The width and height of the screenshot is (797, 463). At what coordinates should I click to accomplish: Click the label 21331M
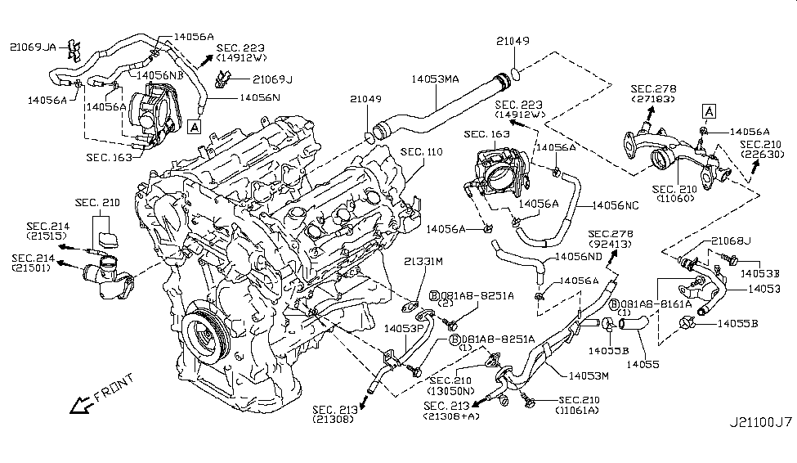[x=423, y=262]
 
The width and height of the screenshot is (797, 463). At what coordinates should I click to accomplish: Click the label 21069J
[x=272, y=79]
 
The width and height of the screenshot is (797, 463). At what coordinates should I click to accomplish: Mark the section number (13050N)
[x=456, y=391]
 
